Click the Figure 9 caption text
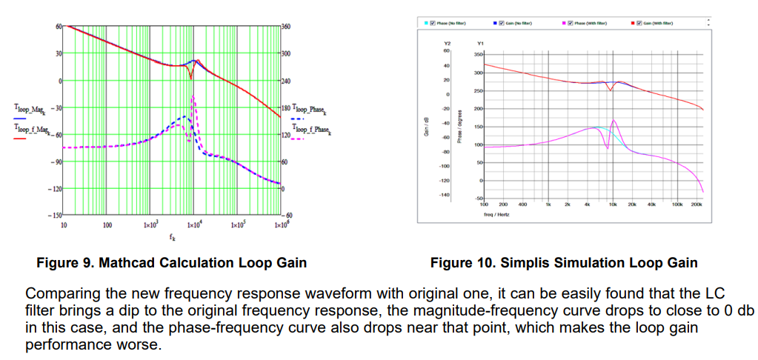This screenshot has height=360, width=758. click(171, 263)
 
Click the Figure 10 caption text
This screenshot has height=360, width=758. click(564, 263)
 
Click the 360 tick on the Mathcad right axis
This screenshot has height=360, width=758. click(286, 26)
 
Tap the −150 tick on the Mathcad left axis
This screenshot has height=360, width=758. click(53, 216)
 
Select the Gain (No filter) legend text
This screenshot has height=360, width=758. click(519, 23)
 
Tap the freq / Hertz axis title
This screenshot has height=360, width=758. click(494, 214)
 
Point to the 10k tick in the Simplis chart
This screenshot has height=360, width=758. click(613, 204)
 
